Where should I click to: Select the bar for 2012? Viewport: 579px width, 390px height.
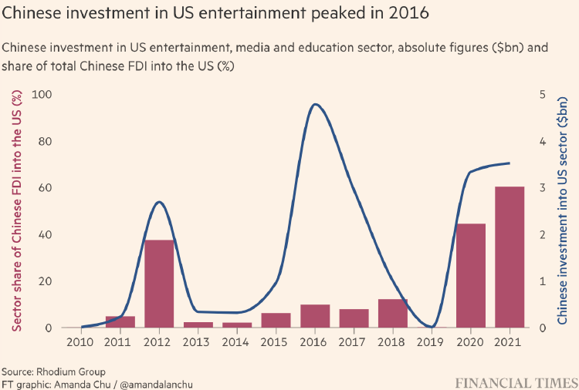coord(159,284)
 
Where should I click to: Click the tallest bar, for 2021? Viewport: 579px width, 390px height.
coord(510,257)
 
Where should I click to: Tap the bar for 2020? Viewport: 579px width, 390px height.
coord(471,276)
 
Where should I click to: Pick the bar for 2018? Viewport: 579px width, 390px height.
coord(392,313)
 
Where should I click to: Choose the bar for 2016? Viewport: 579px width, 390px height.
coord(315,316)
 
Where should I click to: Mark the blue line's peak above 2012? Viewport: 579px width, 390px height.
coord(159,202)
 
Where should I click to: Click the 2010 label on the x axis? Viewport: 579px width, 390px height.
coord(81,341)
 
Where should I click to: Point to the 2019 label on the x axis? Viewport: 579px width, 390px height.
coord(432,341)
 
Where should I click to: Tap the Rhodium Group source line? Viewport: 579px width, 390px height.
coord(53,372)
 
